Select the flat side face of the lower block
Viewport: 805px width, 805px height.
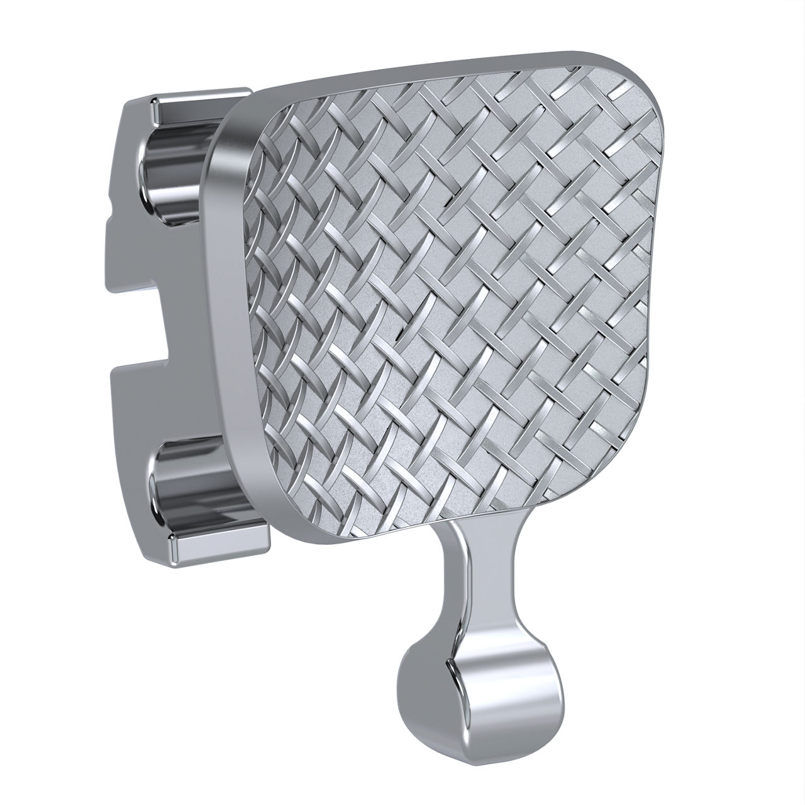point(126,434)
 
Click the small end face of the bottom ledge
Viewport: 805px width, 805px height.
point(171,548)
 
